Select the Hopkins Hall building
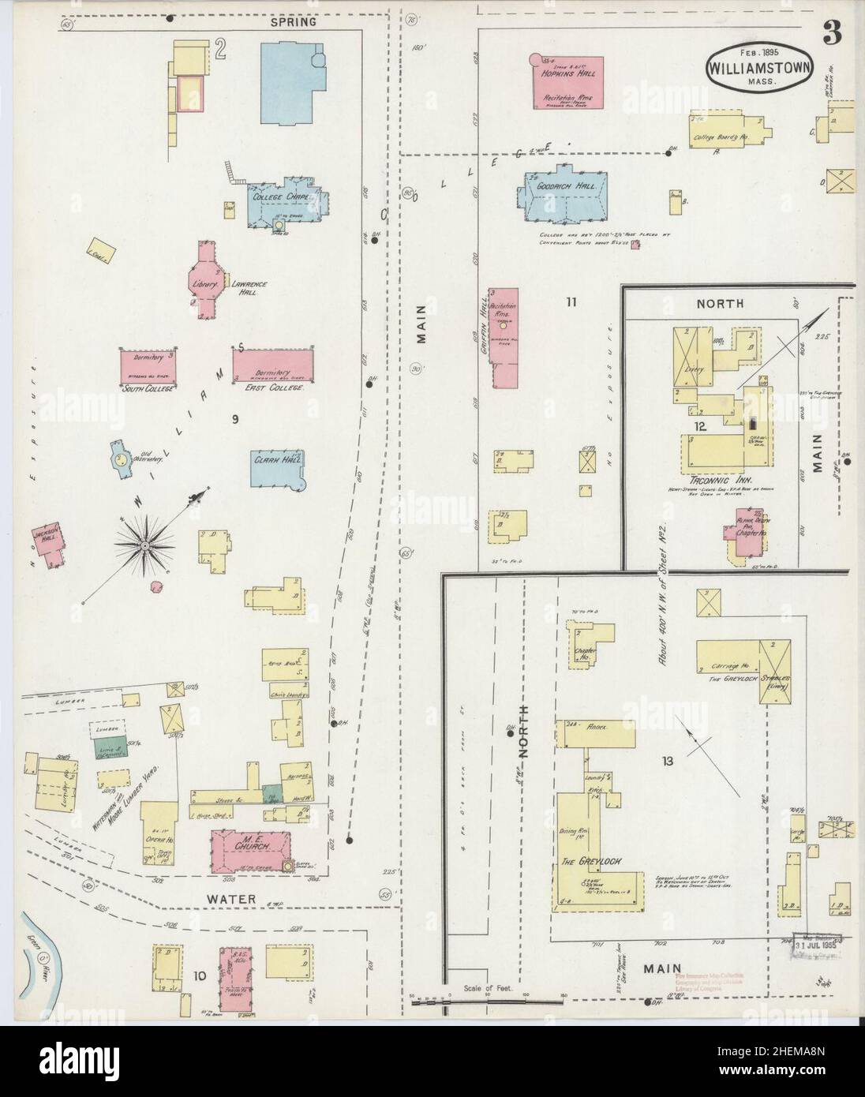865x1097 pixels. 567,81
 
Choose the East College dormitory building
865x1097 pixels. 272,365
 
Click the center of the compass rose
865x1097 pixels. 146,544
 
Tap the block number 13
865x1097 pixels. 668,761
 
